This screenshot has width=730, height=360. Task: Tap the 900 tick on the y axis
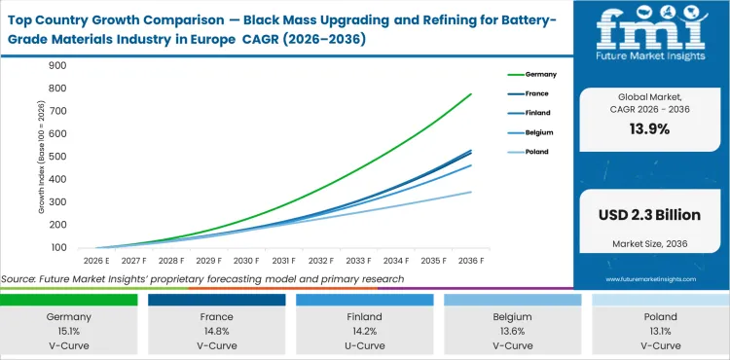pos(56,66)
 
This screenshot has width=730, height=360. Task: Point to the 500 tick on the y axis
pos(56,158)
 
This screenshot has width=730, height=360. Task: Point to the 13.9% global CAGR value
pos(650,129)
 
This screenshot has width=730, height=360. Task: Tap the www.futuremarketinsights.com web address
pos(650,277)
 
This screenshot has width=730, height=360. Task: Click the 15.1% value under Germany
pos(68,331)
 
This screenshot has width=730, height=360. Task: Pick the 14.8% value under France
pos(216,331)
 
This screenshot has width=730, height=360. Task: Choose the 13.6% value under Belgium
pos(512,331)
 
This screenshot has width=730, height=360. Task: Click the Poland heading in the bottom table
pos(659,316)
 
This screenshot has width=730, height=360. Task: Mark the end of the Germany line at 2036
pos(498,94)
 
